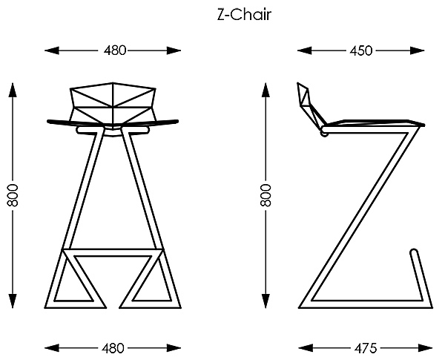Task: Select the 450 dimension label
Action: point(360,50)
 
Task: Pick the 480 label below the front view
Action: point(113,347)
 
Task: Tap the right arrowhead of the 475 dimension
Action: point(425,347)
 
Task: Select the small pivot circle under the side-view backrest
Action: point(324,134)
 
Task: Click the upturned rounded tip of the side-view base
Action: point(414,257)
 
